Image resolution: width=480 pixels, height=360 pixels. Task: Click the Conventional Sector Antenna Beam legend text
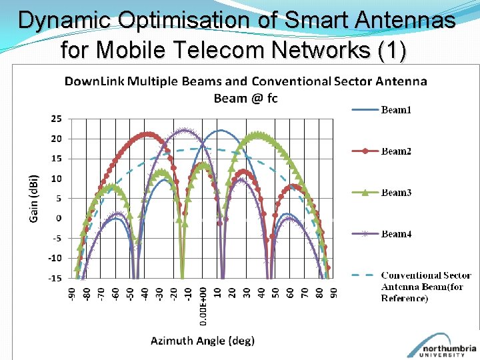(425, 286)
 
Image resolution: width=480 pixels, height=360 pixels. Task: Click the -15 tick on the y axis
(54, 278)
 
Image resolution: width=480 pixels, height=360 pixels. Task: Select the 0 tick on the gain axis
(59, 218)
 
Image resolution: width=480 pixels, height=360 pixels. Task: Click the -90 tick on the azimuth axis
(72, 294)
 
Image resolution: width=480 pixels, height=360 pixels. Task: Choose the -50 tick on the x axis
(130, 294)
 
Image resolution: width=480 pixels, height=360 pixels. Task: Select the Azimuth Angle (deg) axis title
(203, 341)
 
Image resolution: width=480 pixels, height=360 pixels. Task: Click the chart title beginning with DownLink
(245, 89)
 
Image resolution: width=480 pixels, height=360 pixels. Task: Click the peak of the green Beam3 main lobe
(259, 134)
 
